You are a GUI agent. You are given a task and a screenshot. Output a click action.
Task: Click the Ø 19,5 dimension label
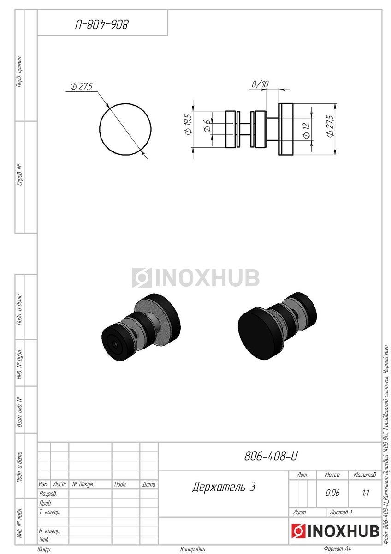coord(188,124)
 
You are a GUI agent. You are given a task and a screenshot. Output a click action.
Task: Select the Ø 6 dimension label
coord(207,126)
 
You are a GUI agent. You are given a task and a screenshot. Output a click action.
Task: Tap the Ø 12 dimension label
coord(306,131)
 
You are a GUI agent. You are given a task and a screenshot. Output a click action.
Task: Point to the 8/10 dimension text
coord(260,84)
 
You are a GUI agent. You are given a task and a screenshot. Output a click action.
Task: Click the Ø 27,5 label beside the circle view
coord(81,86)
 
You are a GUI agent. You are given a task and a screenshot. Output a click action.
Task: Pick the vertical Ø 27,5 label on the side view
coord(330,126)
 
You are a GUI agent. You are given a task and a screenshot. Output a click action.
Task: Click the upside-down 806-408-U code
coord(102,25)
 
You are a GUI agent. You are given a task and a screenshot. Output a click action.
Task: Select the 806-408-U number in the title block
coord(271,456)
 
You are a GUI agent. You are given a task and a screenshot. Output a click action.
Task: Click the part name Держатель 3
coord(224,487)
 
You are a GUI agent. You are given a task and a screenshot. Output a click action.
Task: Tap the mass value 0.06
coord(332,493)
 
